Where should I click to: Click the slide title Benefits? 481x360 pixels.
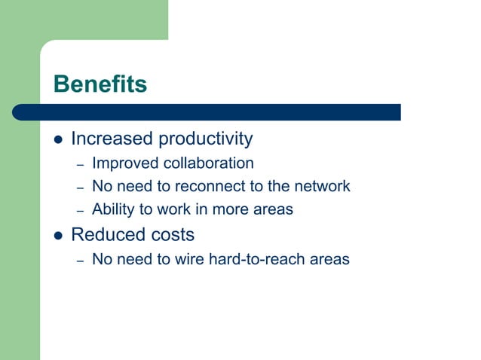(100, 84)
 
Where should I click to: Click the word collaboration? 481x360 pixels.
(209, 163)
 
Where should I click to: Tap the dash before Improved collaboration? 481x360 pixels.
(80, 164)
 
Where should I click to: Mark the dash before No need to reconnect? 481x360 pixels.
(80, 188)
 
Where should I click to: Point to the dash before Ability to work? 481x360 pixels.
(80, 211)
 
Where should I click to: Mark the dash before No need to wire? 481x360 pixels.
(80, 261)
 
